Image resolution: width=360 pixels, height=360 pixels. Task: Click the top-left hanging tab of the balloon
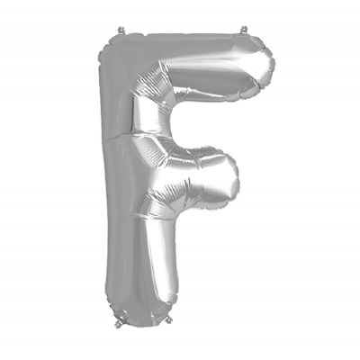pos(121,31)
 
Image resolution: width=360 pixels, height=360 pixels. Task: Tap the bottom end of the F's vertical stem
pos(141,315)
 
